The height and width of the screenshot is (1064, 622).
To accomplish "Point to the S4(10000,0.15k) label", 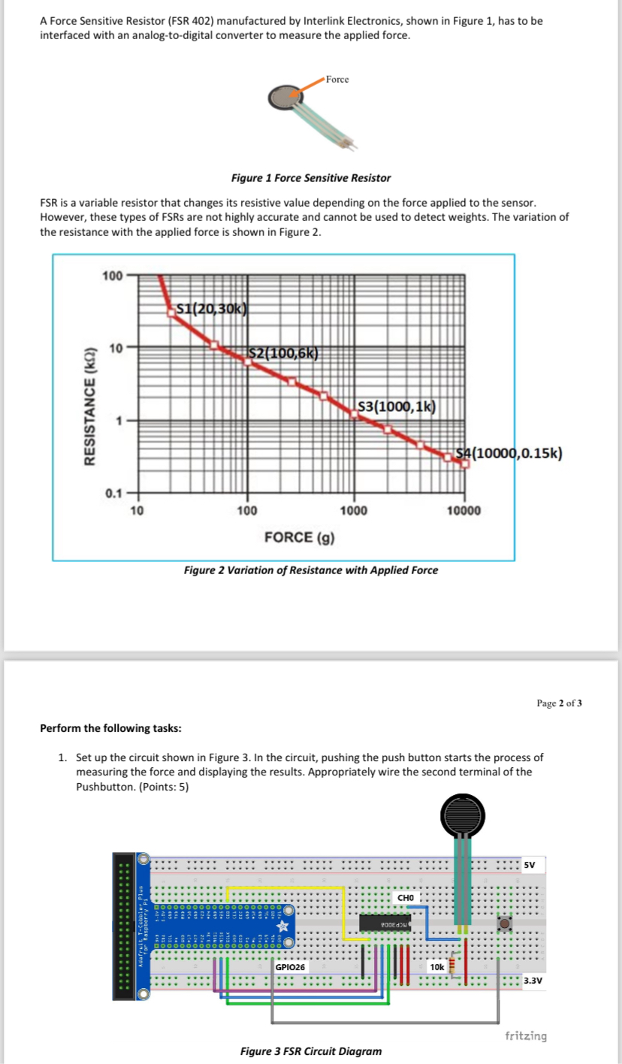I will (x=509, y=452).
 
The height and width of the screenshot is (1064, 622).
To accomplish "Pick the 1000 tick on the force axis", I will (x=353, y=511).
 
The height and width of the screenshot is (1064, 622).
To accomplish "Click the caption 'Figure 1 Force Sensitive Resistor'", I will (x=311, y=178).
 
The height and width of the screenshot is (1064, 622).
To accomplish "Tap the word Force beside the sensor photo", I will (x=337, y=80).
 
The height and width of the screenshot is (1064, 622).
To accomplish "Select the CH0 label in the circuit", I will (x=406, y=897).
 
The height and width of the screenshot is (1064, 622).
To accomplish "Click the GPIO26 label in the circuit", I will (x=291, y=967).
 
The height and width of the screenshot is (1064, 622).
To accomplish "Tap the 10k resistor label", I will (x=436, y=967).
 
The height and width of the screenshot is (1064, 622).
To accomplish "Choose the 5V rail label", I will (x=530, y=864).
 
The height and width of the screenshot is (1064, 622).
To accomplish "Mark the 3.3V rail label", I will (x=534, y=981).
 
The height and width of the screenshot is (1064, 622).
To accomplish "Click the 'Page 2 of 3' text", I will (x=560, y=703).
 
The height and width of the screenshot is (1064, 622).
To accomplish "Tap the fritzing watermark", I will (x=526, y=1035).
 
